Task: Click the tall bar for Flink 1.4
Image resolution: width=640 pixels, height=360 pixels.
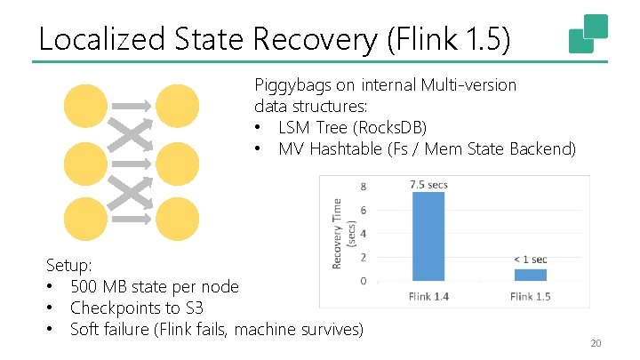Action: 429,236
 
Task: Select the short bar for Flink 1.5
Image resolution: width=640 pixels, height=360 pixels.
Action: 531,275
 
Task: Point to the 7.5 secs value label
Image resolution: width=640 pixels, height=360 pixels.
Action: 428,185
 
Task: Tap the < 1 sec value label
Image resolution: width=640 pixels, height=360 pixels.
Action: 531,259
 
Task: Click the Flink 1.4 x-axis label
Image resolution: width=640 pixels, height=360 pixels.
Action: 428,297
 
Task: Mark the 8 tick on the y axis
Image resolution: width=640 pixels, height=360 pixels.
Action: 363,187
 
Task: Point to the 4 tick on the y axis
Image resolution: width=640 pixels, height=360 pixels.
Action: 363,234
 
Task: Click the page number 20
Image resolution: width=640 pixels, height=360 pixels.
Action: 596,344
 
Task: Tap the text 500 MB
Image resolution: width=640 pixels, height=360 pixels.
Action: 99,286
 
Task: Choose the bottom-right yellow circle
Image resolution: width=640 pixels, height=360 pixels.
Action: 178,219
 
